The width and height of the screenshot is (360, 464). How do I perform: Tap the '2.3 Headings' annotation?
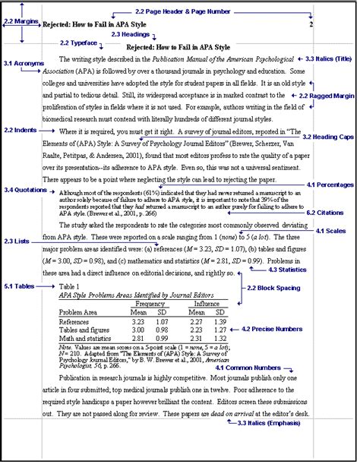pyautogui.click(x=131, y=35)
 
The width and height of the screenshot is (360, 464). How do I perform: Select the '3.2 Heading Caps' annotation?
pyautogui.click(x=327, y=137)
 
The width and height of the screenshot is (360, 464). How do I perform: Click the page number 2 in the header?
pyautogui.click(x=311, y=24)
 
